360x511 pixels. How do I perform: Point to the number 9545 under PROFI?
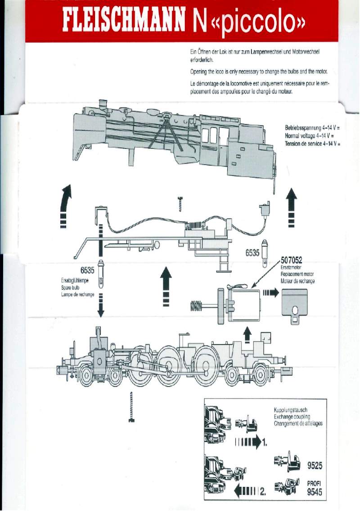click(315, 492)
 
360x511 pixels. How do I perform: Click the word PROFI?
click(315, 484)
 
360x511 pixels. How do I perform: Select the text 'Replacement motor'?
click(297, 274)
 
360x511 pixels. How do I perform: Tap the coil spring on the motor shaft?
click(196, 306)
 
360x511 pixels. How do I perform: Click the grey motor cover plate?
click(294, 304)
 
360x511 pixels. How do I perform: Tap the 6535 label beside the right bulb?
click(252, 253)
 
